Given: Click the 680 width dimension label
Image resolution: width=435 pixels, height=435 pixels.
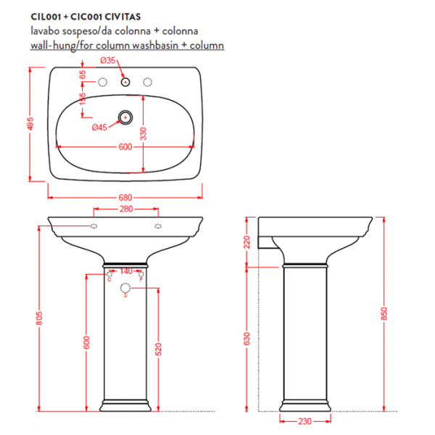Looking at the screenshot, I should pyautogui.click(x=125, y=196).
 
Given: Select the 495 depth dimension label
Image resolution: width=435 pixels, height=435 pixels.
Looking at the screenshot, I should pyautogui.click(x=31, y=125).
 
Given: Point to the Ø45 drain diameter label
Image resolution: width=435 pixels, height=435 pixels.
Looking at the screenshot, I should pyautogui.click(x=99, y=128).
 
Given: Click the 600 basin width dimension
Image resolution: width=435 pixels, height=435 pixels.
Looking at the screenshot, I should pyautogui.click(x=125, y=147).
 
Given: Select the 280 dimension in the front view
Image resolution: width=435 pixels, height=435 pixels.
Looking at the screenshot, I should pyautogui.click(x=125, y=210).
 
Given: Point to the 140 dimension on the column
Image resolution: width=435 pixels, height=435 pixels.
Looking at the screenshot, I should pyautogui.click(x=125, y=270).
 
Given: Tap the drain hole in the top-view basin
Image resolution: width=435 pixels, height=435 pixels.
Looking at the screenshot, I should pyautogui.click(x=125, y=115).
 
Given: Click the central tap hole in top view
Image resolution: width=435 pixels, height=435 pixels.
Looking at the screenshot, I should pyautogui.click(x=125, y=83).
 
